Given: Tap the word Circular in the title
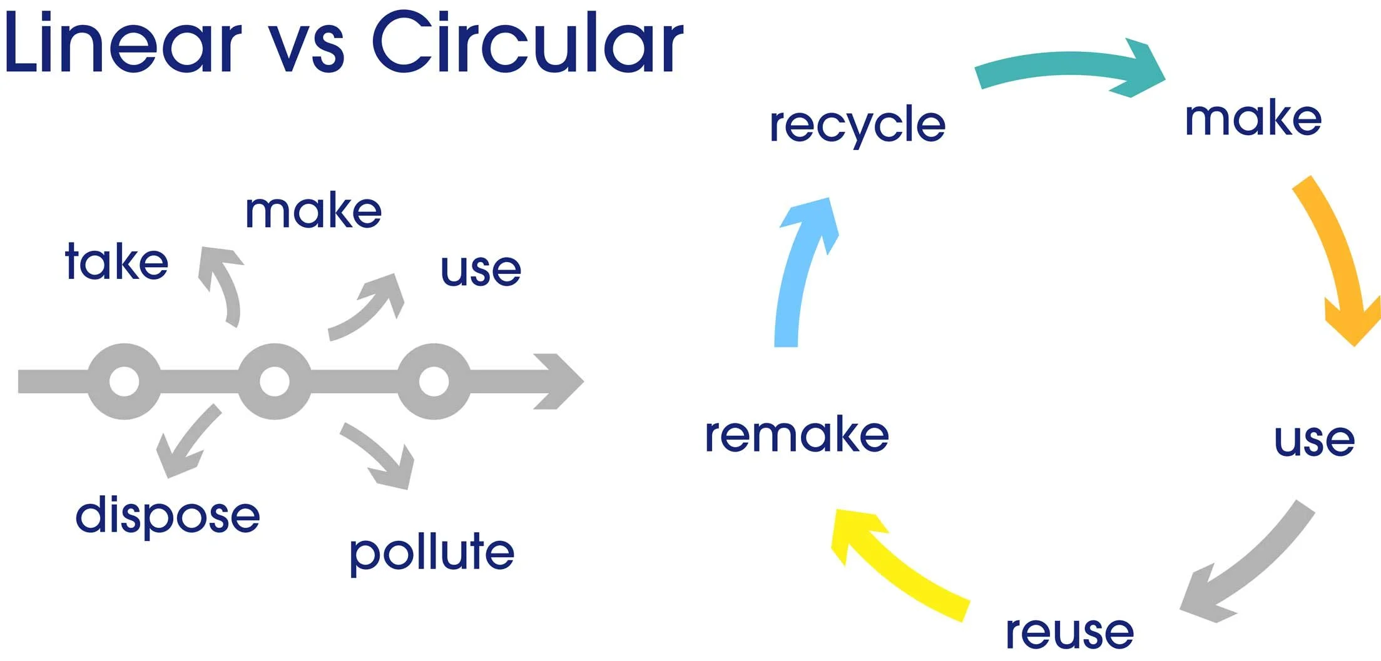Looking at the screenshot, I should [x=527, y=43].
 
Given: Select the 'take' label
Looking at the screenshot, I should [x=117, y=261].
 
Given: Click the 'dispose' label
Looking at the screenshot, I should [x=168, y=517].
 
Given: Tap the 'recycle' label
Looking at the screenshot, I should [x=857, y=125].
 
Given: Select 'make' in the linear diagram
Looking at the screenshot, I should [x=313, y=211].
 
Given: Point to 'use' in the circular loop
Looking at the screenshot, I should [x=1314, y=440].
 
